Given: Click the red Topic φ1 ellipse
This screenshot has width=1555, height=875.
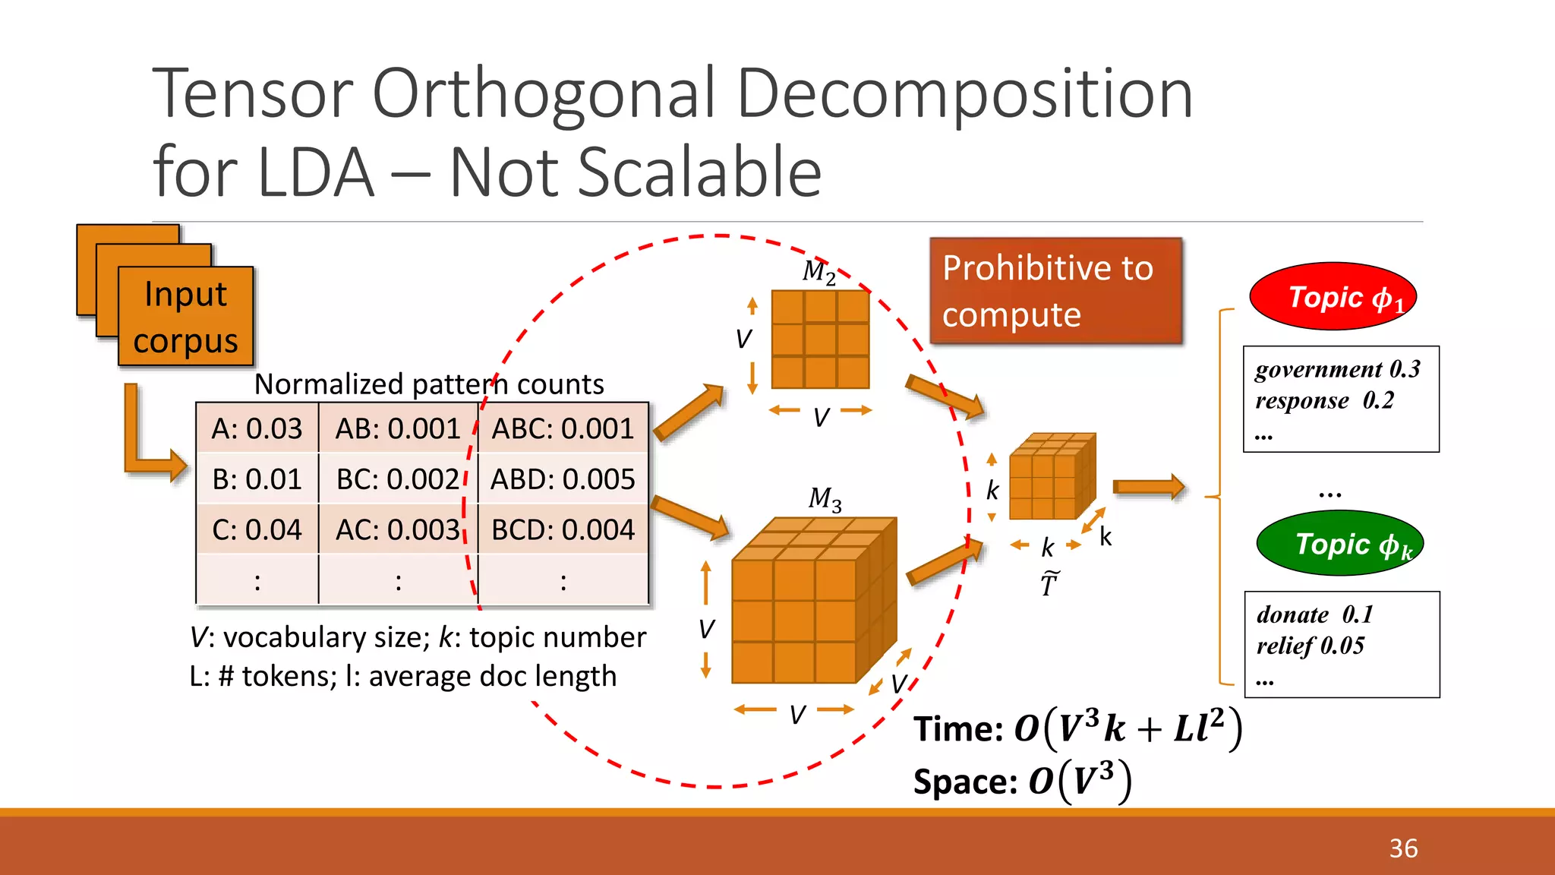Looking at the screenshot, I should [1333, 296].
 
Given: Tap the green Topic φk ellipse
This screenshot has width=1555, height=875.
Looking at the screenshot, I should [1339, 544].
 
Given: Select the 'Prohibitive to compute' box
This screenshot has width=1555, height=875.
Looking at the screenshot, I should [1055, 291].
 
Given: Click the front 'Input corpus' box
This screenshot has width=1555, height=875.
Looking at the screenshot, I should [185, 317].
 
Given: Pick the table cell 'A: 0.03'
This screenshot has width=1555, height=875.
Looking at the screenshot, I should [257, 428].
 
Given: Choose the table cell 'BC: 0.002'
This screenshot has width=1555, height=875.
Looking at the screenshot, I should [398, 479].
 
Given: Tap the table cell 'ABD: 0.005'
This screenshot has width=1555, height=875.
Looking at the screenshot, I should [563, 479].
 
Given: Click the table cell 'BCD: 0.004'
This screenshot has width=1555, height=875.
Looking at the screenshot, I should [563, 529].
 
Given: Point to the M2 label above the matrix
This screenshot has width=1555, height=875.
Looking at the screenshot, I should [819, 271].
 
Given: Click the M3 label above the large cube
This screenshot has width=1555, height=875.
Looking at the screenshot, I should [825, 499].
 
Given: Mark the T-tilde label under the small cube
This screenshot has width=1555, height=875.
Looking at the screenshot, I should [1049, 583].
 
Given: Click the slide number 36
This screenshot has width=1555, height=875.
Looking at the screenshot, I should [1403, 848].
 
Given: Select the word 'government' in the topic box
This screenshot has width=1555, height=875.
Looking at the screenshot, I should [1318, 369].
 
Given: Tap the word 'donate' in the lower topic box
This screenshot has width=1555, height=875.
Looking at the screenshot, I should [1292, 614].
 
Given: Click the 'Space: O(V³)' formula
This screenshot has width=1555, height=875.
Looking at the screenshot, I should [1022, 781].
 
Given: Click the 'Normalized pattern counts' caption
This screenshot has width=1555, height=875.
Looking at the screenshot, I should [429, 384].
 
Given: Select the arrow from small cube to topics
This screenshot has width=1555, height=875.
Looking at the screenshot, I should [1148, 487].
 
